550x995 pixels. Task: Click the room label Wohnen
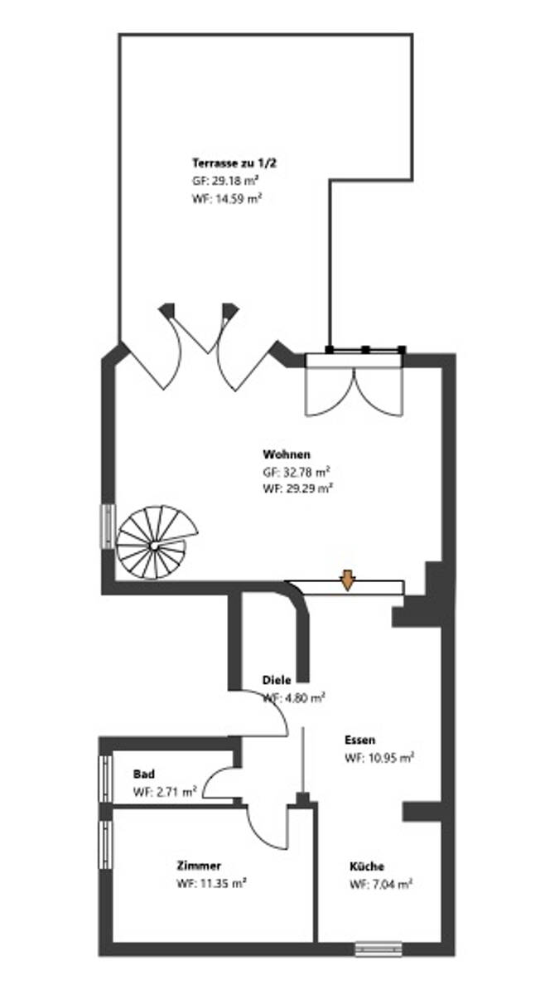287,454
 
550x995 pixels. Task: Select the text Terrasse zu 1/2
234,163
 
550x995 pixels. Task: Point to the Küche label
367,866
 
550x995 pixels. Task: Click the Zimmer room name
199,866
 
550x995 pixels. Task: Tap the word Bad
143,774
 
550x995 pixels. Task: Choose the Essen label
360,740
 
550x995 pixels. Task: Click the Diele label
276,680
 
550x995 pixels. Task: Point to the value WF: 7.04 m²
381,885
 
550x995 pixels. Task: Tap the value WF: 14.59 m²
227,198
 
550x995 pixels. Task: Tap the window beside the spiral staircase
108,525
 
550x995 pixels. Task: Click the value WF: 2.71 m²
165,792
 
